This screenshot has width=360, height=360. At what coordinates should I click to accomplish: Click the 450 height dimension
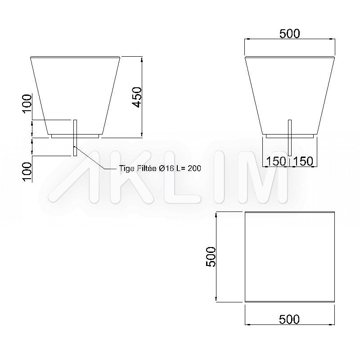[x=137, y=97]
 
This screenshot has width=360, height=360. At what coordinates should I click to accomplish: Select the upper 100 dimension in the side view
[x=27, y=103]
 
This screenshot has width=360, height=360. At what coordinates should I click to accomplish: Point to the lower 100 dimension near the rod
[x=27, y=171]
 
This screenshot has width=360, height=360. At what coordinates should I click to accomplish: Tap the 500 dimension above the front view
[x=289, y=33]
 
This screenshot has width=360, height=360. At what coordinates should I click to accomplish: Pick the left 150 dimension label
[x=276, y=161]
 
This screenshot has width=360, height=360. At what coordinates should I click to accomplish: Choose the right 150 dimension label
[x=303, y=161]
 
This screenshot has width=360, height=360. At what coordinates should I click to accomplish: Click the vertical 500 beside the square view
[x=211, y=256]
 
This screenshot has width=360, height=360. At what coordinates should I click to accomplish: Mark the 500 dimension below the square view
[x=289, y=319]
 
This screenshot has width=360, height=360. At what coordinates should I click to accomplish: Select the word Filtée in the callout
[x=147, y=168]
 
